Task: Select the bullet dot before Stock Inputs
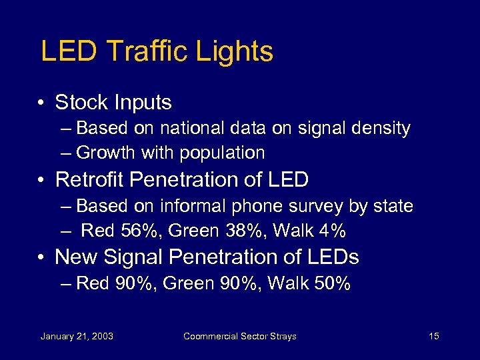coord(41,103)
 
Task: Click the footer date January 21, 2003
coord(77,336)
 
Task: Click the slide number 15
coord(433,336)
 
